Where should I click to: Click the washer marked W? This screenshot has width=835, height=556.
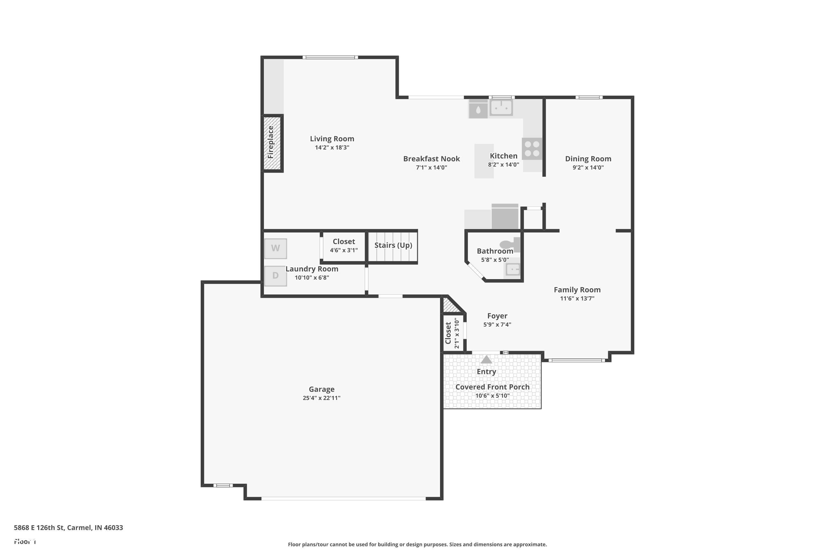(x=276, y=248)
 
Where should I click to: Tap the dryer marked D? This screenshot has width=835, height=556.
(x=276, y=275)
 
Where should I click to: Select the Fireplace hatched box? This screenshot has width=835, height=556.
(x=272, y=143)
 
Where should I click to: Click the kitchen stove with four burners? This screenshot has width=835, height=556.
(x=532, y=148)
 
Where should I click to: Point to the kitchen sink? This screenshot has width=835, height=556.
(x=501, y=107)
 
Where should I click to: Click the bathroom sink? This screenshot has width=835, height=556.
(x=513, y=269)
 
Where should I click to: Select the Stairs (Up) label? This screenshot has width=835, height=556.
(x=393, y=245)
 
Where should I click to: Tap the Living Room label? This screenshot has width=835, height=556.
(x=332, y=139)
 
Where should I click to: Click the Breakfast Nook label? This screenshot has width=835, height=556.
(x=431, y=159)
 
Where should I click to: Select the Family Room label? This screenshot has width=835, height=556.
(x=577, y=290)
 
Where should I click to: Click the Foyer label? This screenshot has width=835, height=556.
(x=497, y=316)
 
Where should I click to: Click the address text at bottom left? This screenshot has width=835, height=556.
(x=68, y=527)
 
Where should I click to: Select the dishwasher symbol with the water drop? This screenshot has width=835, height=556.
(x=478, y=109)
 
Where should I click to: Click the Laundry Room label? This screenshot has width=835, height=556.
(x=312, y=269)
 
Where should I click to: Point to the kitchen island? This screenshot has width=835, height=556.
(x=484, y=161)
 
